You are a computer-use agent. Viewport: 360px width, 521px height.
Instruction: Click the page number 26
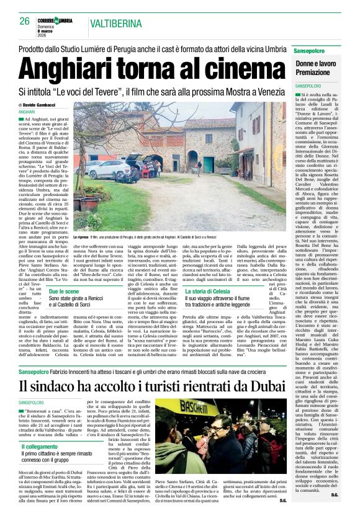[25, 21]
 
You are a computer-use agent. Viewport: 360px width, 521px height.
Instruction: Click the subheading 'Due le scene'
[65, 291]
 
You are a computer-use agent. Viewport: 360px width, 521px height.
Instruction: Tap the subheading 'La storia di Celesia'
[208, 291]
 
